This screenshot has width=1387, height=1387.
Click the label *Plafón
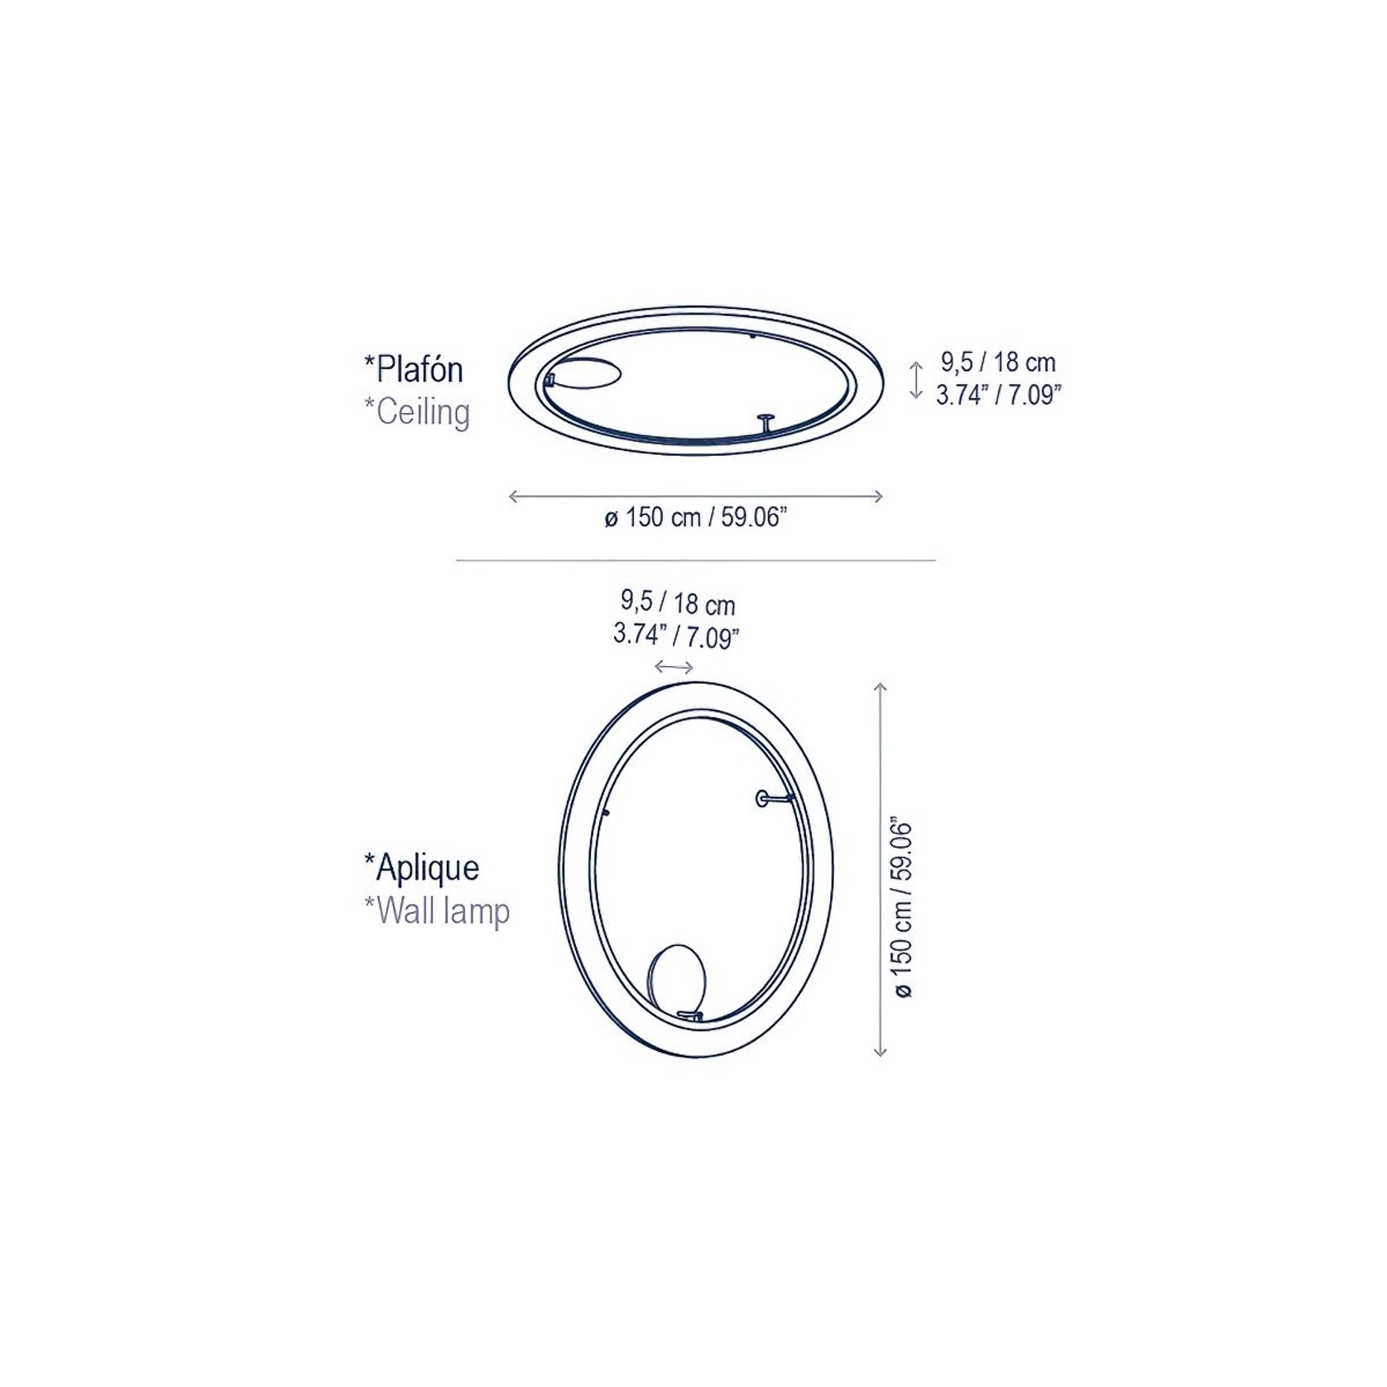[x=414, y=369]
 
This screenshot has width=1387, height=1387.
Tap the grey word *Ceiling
[x=417, y=411]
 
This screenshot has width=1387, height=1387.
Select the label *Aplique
[x=421, y=867]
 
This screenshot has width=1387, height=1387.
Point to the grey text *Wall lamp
[x=437, y=911]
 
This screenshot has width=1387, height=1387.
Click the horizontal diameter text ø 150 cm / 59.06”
[x=694, y=518]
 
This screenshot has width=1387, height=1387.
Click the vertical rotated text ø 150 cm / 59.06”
[x=902, y=909]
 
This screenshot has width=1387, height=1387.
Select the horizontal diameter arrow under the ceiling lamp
[x=696, y=497]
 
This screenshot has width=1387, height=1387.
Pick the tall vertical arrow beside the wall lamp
[x=881, y=869]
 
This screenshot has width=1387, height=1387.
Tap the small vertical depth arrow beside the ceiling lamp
[x=915, y=381]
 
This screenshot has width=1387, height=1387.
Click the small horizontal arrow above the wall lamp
[x=674, y=667]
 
